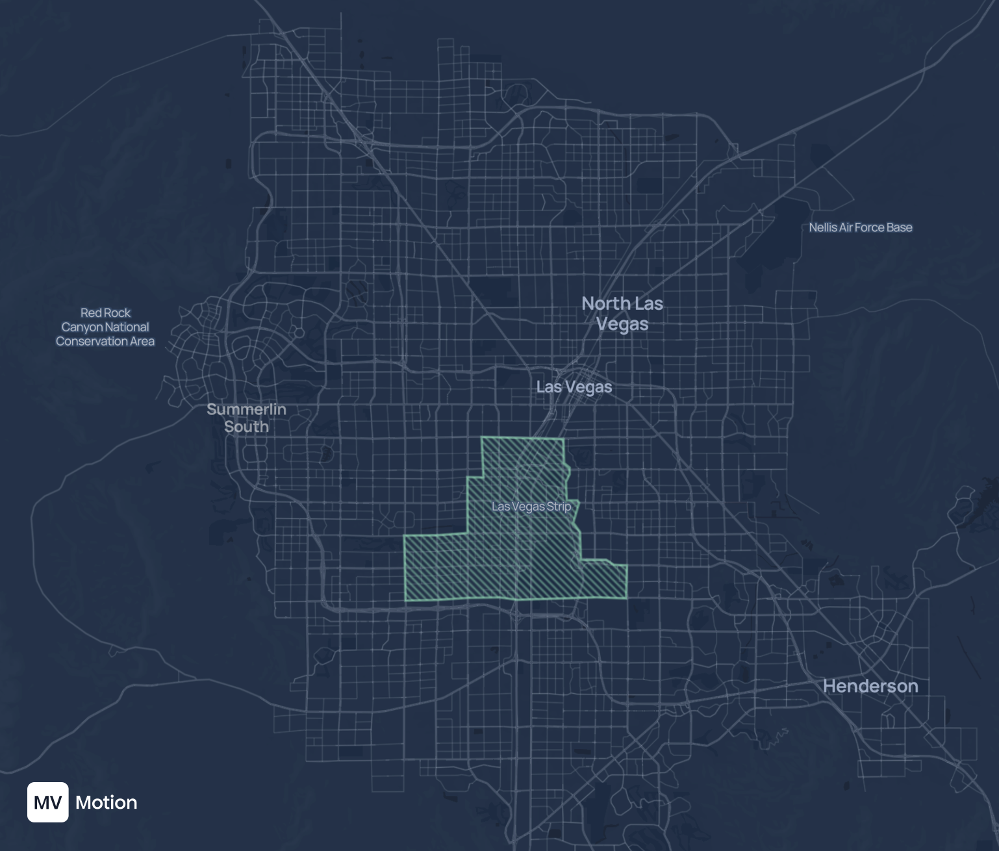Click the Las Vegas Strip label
[x=531, y=506]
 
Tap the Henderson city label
[x=870, y=686]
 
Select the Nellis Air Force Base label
[x=861, y=227]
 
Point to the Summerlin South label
[x=246, y=418]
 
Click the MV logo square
[x=47, y=802]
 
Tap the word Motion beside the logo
[x=107, y=802]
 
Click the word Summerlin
[x=246, y=409]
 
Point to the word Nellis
[x=822, y=227]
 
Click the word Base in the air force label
[x=900, y=227]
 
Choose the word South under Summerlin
[x=246, y=427]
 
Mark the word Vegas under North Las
[x=622, y=324]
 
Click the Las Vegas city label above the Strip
[x=574, y=387]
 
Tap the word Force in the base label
[x=869, y=227]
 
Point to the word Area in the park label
[x=141, y=341]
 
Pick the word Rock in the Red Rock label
[x=118, y=312]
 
